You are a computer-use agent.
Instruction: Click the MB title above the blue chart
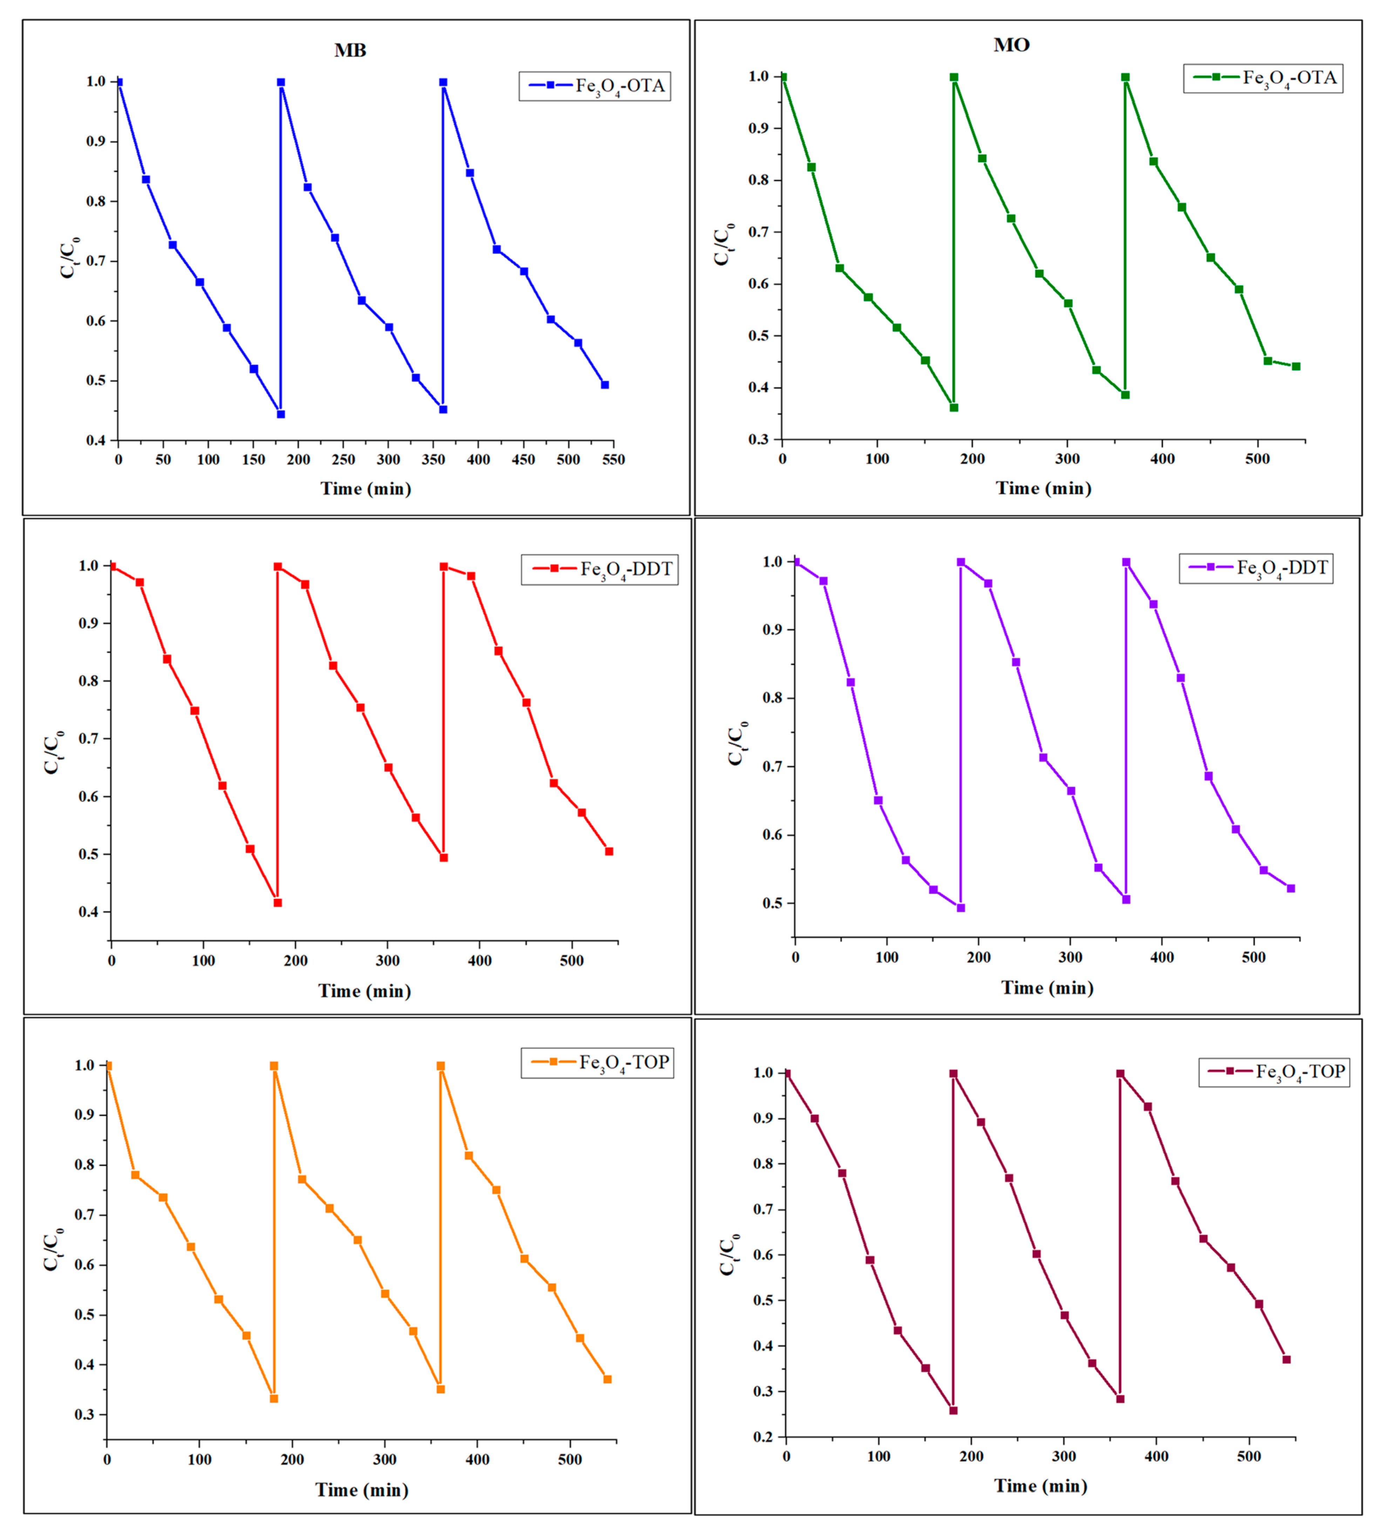tap(350, 50)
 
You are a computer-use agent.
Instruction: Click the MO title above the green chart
tap(1011, 45)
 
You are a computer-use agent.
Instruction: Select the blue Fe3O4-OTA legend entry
tap(595, 86)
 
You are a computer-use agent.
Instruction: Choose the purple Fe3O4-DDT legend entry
tap(1256, 568)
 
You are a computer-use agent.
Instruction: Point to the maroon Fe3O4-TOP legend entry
tap(1274, 1071)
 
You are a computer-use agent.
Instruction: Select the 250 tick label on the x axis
tap(343, 459)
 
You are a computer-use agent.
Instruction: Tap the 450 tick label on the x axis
tap(523, 459)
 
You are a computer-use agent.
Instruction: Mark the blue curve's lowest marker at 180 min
tap(281, 414)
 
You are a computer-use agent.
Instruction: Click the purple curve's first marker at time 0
tap(796, 562)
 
